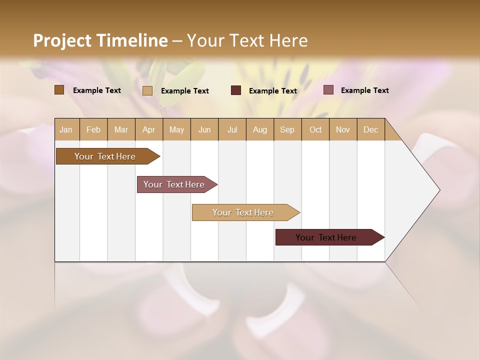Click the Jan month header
(x=66, y=129)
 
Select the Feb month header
(x=93, y=129)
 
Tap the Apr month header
(x=148, y=129)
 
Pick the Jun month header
(x=204, y=129)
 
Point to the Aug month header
(x=259, y=129)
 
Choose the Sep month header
(x=287, y=129)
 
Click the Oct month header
(x=315, y=129)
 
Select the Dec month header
(x=370, y=129)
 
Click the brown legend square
(x=59, y=90)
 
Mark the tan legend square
(x=147, y=90)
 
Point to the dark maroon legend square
(x=236, y=90)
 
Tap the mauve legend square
(x=328, y=90)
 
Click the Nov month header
(x=343, y=129)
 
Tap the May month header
(x=176, y=129)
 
